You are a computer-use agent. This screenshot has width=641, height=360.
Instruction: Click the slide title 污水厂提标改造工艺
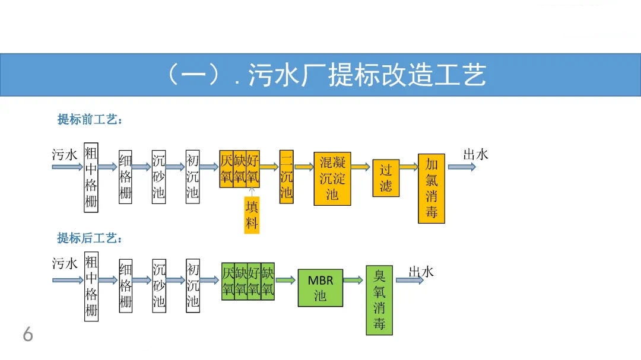pyautogui.click(x=325, y=75)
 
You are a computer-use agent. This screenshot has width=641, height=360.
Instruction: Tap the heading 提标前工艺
pyautogui.click(x=90, y=120)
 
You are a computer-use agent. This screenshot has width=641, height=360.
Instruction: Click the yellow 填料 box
pyautogui.click(x=252, y=215)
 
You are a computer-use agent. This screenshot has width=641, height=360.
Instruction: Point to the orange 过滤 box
pyautogui.click(x=386, y=178)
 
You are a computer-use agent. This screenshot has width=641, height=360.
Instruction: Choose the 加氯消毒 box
pyautogui.click(x=431, y=189)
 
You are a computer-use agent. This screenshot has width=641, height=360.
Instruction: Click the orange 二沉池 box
pyautogui.click(x=286, y=176)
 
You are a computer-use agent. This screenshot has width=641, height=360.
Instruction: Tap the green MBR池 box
pyautogui.click(x=320, y=288)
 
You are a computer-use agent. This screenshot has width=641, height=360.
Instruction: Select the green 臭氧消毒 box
pyautogui.click(x=379, y=300)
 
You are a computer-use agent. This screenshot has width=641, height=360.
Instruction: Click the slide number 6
pyautogui.click(x=28, y=335)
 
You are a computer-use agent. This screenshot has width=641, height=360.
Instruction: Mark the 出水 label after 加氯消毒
pyautogui.click(x=475, y=155)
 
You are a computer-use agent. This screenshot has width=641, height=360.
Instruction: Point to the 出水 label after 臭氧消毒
pyautogui.click(x=421, y=272)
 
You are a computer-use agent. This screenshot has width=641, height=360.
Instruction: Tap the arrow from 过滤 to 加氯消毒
pyautogui.click(x=408, y=167)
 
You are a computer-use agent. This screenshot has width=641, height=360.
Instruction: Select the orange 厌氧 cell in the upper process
pyautogui.click(x=226, y=168)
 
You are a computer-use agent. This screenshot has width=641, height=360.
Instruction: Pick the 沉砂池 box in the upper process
pyautogui.click(x=158, y=176)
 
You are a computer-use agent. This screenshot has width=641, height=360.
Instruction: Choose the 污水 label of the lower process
pyautogui.click(x=65, y=264)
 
